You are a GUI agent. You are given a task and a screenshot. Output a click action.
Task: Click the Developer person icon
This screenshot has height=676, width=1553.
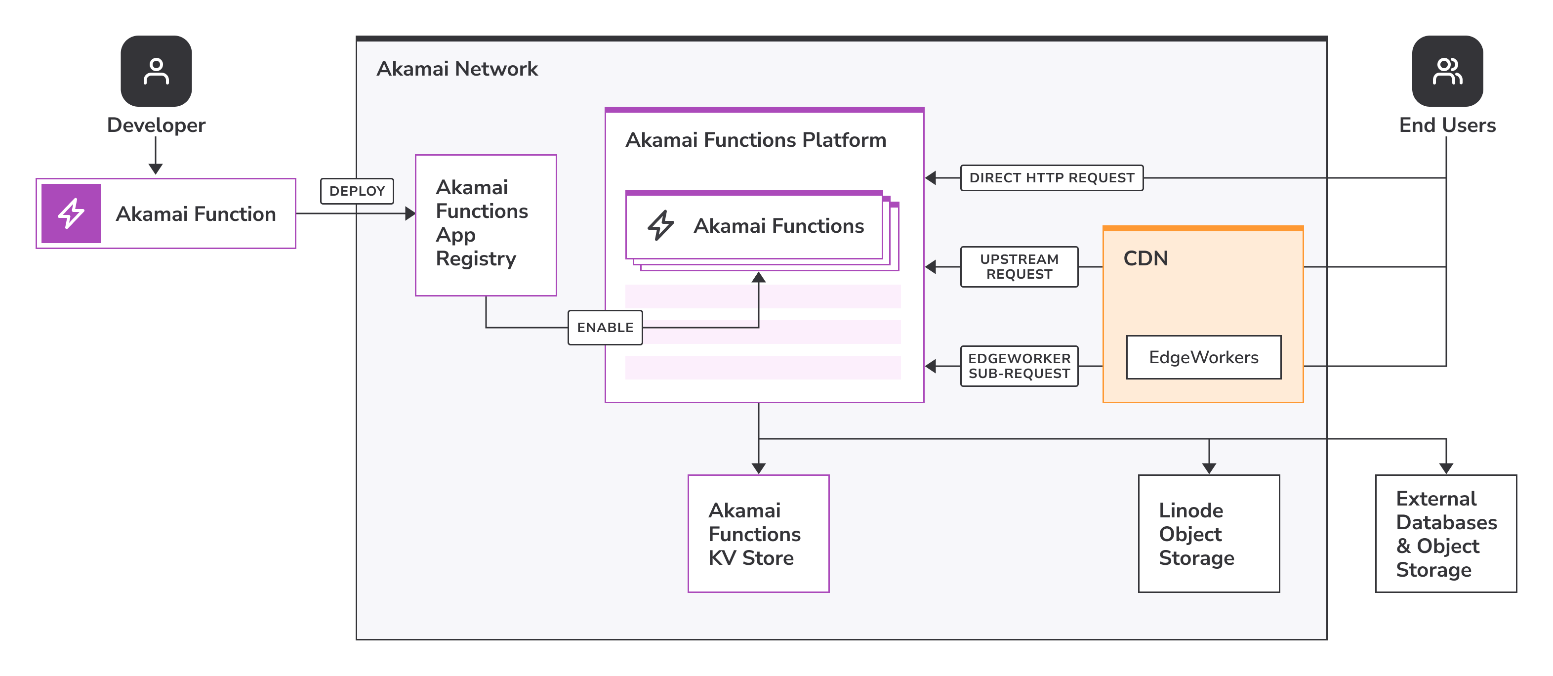tap(156, 71)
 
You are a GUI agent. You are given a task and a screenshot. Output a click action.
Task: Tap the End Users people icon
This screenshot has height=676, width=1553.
tap(1447, 71)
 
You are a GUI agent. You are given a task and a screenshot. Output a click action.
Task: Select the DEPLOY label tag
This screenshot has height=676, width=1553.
tap(357, 191)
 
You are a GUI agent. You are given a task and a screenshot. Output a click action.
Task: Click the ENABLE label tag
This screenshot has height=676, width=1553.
tap(605, 328)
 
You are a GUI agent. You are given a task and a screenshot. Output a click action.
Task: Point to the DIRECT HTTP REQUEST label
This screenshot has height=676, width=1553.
tap(1052, 178)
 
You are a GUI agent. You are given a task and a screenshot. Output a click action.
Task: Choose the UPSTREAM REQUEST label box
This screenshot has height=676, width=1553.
tap(1019, 266)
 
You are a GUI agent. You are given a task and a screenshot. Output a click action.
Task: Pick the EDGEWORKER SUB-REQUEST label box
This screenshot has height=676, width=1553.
tap(1019, 366)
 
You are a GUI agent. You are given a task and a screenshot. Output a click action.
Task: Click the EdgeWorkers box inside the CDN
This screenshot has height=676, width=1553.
tap(1203, 358)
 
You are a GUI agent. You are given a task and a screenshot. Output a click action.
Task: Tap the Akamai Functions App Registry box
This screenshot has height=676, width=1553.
tap(485, 225)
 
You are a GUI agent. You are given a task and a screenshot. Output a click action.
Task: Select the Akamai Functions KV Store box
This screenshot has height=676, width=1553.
tap(758, 534)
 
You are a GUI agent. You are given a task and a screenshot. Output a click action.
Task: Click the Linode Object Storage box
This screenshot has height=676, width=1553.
tap(1208, 534)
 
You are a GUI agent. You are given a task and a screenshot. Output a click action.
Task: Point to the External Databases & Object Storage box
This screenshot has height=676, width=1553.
tap(1445, 534)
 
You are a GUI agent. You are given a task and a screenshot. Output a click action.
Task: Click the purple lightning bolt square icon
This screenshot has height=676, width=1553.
tap(71, 213)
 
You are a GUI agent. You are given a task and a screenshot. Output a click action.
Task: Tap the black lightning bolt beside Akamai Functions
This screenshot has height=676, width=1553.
tap(661, 225)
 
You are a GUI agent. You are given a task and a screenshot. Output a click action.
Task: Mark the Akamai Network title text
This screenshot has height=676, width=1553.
tap(457, 69)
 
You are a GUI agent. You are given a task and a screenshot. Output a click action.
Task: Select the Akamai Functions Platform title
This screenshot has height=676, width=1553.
tap(755, 140)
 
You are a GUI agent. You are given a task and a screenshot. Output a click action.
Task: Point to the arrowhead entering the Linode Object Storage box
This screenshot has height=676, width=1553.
tap(1209, 468)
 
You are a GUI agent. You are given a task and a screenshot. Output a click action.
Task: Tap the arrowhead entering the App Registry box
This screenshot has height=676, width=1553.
tap(410, 213)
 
